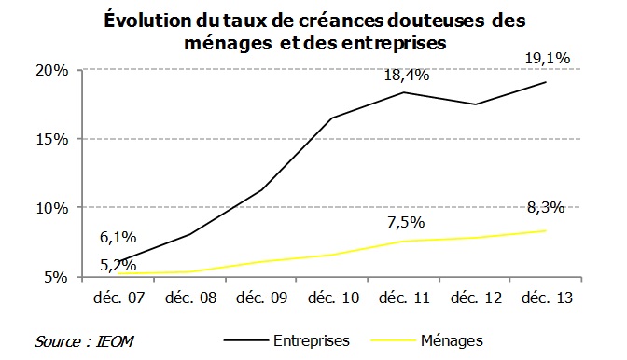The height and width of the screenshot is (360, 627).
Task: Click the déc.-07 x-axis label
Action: (x=118, y=299)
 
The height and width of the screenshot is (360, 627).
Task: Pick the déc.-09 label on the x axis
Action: (x=261, y=299)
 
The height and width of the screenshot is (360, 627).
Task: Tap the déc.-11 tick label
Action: (x=403, y=299)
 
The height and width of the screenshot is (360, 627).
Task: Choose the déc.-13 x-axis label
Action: (x=546, y=299)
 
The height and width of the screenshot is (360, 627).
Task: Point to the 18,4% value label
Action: (x=407, y=74)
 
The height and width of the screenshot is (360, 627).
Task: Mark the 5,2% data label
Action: (x=118, y=265)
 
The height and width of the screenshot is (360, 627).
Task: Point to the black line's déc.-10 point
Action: (x=332, y=118)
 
